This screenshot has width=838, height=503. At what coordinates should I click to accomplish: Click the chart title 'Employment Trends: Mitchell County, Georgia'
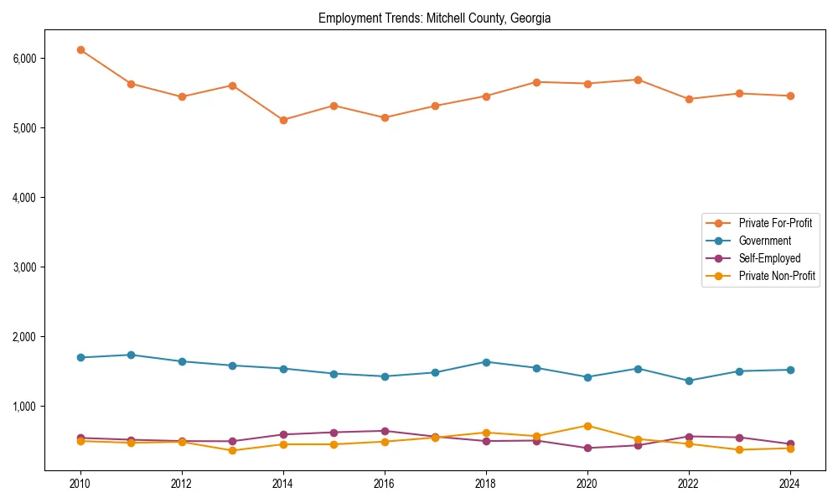(x=434, y=18)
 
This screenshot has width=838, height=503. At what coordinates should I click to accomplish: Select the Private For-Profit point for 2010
(x=80, y=50)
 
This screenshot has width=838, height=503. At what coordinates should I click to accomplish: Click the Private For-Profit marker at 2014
(x=283, y=120)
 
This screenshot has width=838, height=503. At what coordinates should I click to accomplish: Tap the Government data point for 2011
(x=131, y=355)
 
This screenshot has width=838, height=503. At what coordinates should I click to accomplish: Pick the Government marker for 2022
(x=689, y=381)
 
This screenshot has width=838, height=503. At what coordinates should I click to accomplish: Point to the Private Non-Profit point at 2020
(x=587, y=426)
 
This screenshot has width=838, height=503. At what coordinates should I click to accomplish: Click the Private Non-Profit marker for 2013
(x=232, y=451)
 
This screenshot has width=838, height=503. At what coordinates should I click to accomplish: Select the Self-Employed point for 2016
(x=385, y=431)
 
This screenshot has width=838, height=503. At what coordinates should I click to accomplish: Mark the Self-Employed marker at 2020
(x=587, y=448)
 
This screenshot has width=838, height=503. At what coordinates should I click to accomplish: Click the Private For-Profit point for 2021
(x=638, y=80)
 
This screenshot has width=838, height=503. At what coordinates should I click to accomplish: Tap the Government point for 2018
(x=486, y=362)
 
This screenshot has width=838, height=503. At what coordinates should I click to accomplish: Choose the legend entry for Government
(x=764, y=241)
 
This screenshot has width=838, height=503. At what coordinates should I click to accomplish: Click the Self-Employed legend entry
(x=769, y=258)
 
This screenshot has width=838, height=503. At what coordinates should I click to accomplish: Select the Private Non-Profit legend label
(x=777, y=276)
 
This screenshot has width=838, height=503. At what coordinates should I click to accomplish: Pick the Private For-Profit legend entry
(x=775, y=223)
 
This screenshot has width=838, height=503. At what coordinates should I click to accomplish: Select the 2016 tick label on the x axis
(x=385, y=484)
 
